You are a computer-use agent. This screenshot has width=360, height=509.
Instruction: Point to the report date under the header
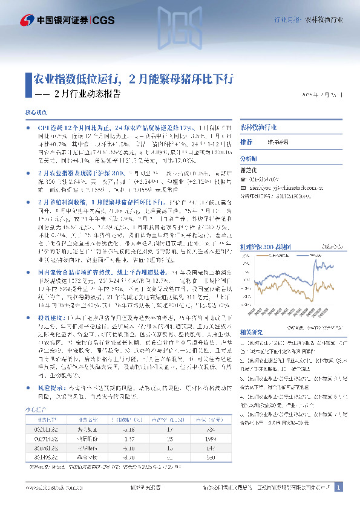324,96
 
